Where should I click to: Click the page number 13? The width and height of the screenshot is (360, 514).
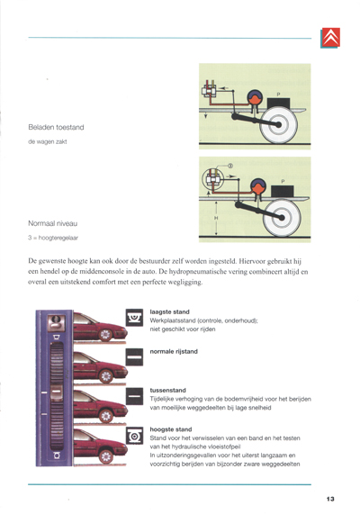tap(330, 498)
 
